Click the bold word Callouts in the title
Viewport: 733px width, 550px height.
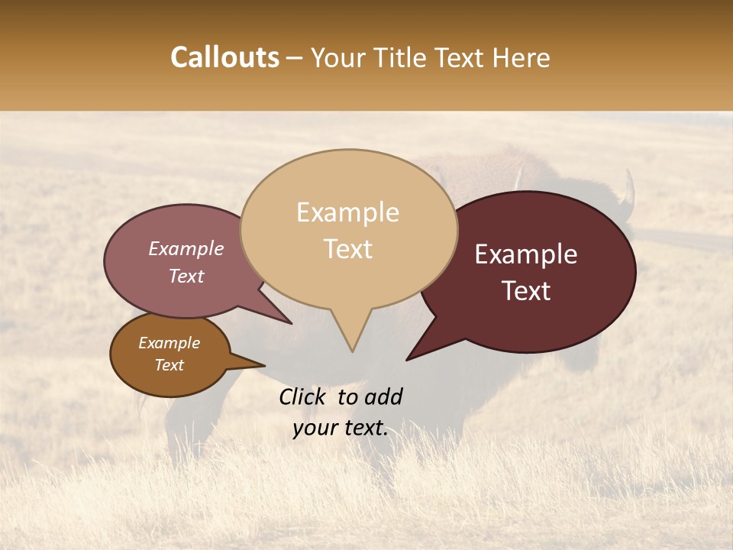pos(224,57)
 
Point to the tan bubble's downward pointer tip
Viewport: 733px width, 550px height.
pos(351,351)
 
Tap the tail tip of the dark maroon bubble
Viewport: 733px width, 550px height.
pos(408,359)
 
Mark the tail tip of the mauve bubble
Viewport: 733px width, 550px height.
pos(291,323)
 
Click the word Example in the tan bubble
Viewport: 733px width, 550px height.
pos(347,212)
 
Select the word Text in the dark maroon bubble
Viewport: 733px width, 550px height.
pos(526,291)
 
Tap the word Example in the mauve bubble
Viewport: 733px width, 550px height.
pos(186,248)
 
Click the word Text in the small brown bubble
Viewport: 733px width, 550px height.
pos(170,365)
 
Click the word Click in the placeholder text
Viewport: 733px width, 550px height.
pos(304,396)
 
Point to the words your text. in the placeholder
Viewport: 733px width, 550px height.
pos(341,428)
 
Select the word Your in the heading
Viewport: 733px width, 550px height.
pos(337,58)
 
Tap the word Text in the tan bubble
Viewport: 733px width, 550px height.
pos(348,249)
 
